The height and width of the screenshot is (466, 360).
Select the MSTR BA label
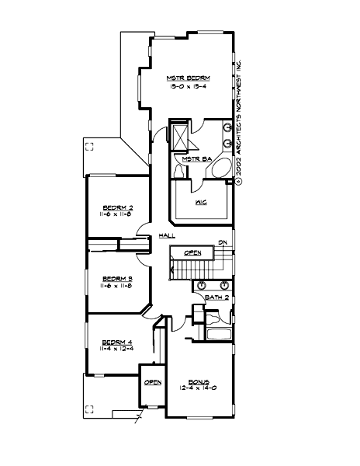pyautogui.click(x=192, y=159)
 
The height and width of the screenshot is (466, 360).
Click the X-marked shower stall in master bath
pyautogui.click(x=180, y=137)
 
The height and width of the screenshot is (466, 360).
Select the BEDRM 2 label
pyautogui.click(x=118, y=208)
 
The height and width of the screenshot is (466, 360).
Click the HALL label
pyautogui.click(x=165, y=235)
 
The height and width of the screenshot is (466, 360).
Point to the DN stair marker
pyautogui.click(x=222, y=242)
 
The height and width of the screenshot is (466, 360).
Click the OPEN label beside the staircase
pyautogui.click(x=193, y=253)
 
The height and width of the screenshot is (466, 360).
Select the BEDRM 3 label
pyautogui.click(x=118, y=278)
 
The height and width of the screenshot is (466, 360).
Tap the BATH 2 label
pyautogui.click(x=216, y=297)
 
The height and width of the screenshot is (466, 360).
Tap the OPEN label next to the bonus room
pyautogui.click(x=152, y=382)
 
